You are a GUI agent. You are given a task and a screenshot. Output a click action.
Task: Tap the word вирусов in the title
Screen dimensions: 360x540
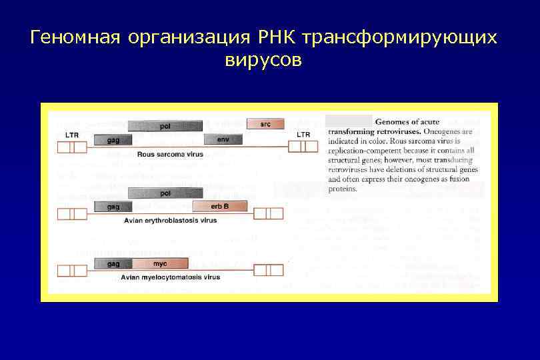(263, 61)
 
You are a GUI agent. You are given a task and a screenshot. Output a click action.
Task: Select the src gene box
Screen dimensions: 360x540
(265, 124)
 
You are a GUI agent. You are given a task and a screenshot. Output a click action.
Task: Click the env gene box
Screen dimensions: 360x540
(223, 139)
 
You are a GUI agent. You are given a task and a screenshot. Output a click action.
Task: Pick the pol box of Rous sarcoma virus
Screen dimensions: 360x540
(165, 125)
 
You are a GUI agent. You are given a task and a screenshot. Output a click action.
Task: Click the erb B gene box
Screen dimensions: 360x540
(219, 207)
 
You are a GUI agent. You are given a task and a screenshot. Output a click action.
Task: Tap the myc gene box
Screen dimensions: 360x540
(160, 264)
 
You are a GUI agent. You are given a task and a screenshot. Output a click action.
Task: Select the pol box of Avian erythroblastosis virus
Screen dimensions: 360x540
(165, 193)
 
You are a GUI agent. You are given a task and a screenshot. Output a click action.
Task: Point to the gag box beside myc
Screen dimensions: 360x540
(113, 264)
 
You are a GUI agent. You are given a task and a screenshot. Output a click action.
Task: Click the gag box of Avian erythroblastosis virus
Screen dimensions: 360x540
(113, 207)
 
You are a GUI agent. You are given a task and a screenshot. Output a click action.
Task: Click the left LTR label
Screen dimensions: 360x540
(73, 135)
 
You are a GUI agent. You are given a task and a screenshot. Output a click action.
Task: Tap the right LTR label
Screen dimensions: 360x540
(303, 135)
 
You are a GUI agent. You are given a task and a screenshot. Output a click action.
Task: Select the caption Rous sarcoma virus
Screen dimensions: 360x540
(170, 154)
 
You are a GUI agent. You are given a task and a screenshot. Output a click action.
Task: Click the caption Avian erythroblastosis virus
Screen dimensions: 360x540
(170, 220)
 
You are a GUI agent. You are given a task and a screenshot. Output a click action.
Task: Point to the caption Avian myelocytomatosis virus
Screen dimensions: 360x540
(170, 277)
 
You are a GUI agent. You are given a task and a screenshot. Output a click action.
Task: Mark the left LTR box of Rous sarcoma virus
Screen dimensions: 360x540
(72, 147)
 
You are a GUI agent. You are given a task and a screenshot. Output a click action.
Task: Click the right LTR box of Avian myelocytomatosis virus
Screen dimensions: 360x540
(269, 270)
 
